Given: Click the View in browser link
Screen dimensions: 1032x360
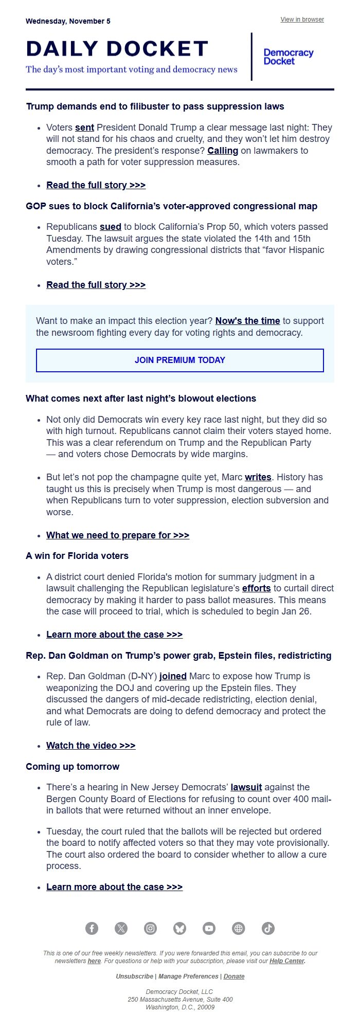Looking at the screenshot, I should pyautogui.click(x=302, y=20).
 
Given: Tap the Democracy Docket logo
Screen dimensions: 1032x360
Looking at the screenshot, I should pyautogui.click(x=288, y=57).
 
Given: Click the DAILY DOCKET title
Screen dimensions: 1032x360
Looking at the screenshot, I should pyautogui.click(x=117, y=49).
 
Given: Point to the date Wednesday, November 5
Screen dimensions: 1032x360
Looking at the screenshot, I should pyautogui.click(x=68, y=22).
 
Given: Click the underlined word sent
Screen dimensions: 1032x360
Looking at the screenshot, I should pyautogui.click(x=84, y=128).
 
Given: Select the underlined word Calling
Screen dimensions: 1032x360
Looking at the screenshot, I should pyautogui.click(x=223, y=151).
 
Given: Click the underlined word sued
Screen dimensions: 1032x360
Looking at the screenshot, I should pyautogui.click(x=110, y=227).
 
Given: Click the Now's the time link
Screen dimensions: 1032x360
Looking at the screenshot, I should pyautogui.click(x=247, y=321).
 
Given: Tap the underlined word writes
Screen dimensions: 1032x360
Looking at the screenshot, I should pyautogui.click(x=258, y=477).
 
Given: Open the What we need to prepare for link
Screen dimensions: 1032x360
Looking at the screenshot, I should pyautogui.click(x=118, y=535).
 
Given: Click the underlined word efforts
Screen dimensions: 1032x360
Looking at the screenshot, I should pyautogui.click(x=257, y=588).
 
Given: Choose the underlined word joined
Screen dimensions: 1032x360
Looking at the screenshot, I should pyautogui.click(x=173, y=676).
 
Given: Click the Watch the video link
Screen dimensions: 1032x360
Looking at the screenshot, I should pyautogui.click(x=91, y=746).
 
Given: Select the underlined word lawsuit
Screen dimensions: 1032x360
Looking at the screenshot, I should pyautogui.click(x=246, y=787).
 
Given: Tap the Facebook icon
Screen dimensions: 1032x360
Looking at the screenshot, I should pyautogui.click(x=92, y=928).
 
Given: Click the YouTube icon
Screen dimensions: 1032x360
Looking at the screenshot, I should pyautogui.click(x=209, y=928).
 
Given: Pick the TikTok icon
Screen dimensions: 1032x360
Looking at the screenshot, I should pyautogui.click(x=268, y=928).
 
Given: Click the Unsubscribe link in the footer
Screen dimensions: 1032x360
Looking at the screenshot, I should pyautogui.click(x=134, y=976).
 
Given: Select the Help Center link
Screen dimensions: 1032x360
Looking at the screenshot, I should pyautogui.click(x=287, y=961).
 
